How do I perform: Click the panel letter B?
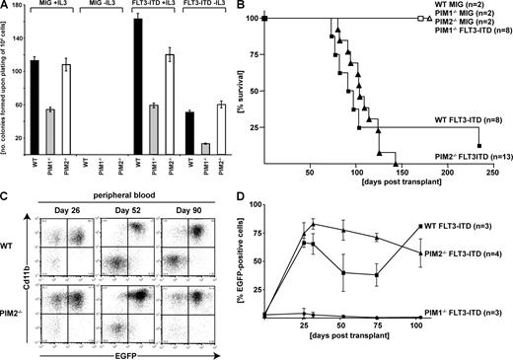[259, 8]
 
